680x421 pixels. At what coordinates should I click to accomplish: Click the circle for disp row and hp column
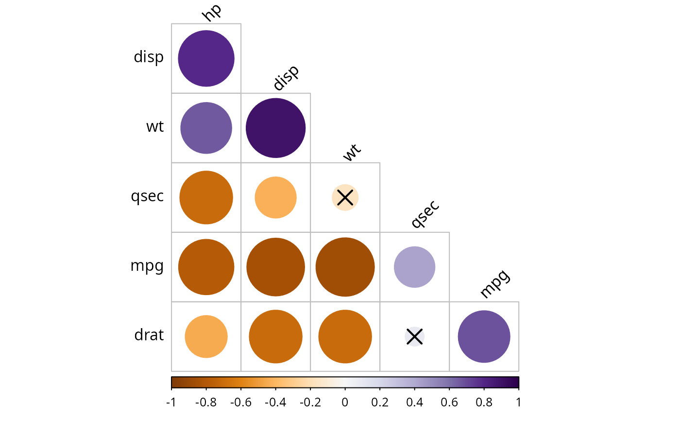(206, 58)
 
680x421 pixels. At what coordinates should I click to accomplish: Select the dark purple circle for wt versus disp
(275, 128)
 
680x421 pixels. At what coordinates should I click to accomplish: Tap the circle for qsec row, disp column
(275, 197)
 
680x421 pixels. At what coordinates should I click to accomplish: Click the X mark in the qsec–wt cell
(345, 197)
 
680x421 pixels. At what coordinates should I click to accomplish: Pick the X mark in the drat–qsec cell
(414, 336)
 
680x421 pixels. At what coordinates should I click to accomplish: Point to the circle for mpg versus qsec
(414, 267)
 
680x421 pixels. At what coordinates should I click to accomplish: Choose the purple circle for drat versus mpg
(484, 336)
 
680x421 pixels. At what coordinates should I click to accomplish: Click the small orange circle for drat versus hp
(206, 336)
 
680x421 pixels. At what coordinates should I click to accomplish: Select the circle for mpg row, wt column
(345, 267)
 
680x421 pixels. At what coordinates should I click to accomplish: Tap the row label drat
(149, 335)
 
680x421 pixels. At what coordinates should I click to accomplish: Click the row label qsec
(147, 197)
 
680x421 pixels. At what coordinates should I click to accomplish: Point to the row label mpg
(147, 267)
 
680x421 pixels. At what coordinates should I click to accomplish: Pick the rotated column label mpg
(494, 284)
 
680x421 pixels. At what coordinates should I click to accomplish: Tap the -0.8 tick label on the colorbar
(206, 403)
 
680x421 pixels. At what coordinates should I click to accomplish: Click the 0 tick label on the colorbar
(345, 403)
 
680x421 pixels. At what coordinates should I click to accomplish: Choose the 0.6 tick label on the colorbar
(449, 403)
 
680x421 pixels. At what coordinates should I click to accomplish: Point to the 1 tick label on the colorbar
(519, 403)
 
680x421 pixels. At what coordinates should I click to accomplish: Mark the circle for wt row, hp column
(206, 128)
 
